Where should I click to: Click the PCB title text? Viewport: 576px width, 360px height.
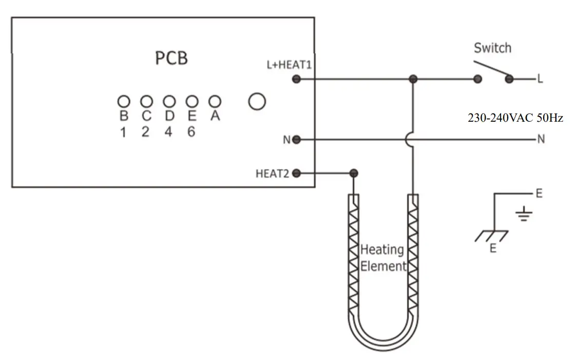click(x=171, y=58)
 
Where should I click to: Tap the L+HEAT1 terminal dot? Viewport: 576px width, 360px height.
click(x=296, y=79)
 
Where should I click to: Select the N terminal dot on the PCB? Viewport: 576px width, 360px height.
click(x=296, y=139)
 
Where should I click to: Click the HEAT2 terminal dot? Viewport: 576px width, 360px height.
click(x=296, y=173)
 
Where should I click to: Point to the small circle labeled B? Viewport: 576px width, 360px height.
click(x=123, y=101)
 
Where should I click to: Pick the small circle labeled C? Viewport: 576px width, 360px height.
click(x=146, y=101)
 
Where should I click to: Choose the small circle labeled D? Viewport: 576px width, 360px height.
click(x=169, y=101)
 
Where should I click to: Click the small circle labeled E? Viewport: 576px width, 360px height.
click(x=192, y=101)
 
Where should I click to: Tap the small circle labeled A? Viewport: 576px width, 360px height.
click(x=215, y=101)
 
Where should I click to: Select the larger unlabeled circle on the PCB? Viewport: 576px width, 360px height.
click(x=257, y=101)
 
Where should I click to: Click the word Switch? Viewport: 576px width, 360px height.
click(x=492, y=48)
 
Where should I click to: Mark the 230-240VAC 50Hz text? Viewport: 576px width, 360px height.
click(x=515, y=118)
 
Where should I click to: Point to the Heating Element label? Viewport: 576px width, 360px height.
click(x=382, y=258)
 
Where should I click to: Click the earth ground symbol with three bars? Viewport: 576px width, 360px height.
click(x=523, y=215)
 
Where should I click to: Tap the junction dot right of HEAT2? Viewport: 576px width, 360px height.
click(x=353, y=173)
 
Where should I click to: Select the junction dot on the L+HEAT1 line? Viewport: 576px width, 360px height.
click(x=413, y=79)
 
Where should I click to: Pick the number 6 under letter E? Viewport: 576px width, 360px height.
click(x=191, y=132)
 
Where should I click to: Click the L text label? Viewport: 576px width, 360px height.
click(x=540, y=79)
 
